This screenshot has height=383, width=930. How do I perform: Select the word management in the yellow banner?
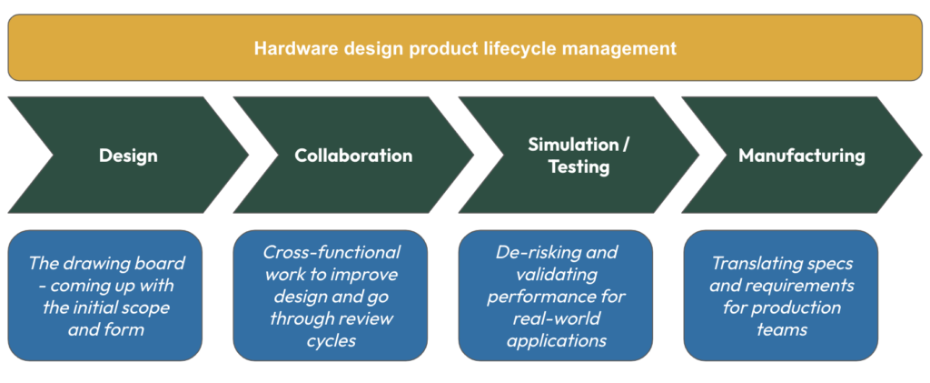[625, 47]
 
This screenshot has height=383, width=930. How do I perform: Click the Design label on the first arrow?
[128, 156]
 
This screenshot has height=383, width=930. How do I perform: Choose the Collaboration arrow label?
[353, 156]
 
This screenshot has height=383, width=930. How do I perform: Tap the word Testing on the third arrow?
[579, 167]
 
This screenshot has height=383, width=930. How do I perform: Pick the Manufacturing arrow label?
[802, 156]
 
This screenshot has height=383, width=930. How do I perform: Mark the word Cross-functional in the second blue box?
[331, 252]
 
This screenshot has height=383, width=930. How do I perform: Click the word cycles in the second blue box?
[331, 339]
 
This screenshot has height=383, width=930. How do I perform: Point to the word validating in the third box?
[556, 274]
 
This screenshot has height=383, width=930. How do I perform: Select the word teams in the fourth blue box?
[781, 329]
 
